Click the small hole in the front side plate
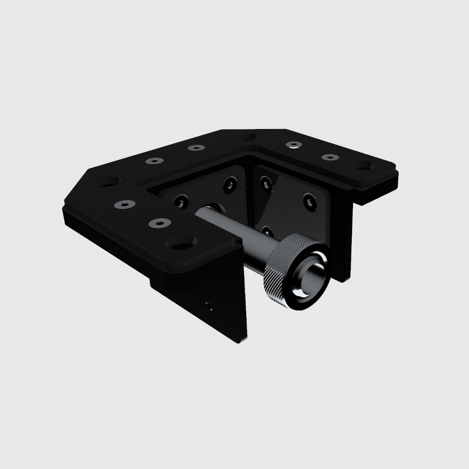[208, 307]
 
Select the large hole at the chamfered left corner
[108, 181]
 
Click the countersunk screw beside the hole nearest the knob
[160, 223]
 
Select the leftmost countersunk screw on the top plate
[125, 204]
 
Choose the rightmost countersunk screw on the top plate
[330, 157]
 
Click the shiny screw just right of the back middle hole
[294, 144]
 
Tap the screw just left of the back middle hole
[196, 148]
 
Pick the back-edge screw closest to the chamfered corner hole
[154, 161]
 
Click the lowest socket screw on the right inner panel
[267, 231]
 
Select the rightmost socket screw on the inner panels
[310, 202]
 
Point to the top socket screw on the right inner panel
[266, 184]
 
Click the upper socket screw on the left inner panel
[230, 184]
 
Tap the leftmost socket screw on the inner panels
[181, 202]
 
